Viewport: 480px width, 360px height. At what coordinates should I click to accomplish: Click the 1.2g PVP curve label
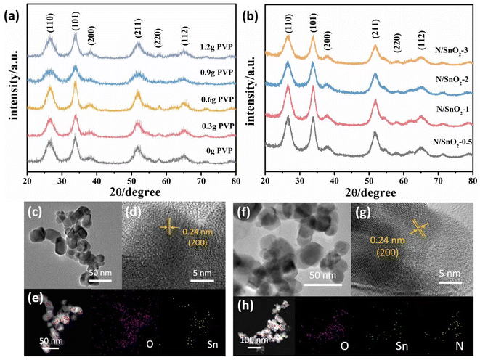pos(213,48)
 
